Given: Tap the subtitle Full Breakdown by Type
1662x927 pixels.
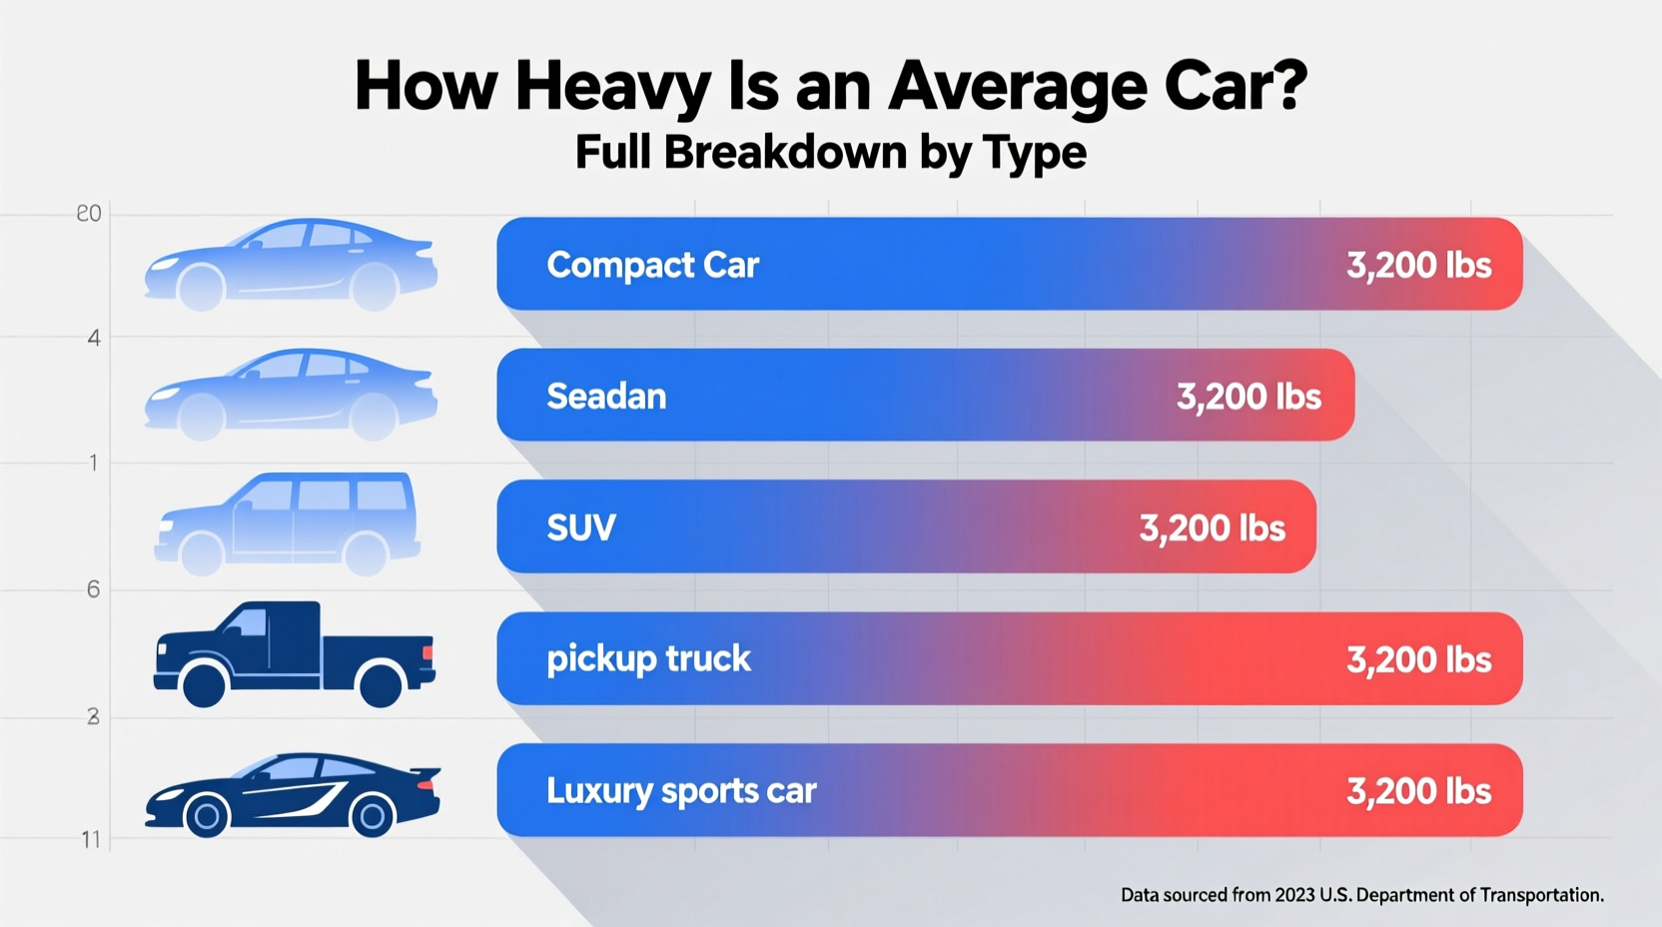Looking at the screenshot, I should [830, 153].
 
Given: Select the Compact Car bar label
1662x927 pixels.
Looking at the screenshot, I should [652, 265].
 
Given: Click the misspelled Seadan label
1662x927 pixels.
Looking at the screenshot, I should [606, 397].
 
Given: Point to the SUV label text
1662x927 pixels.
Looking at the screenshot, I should [580, 527].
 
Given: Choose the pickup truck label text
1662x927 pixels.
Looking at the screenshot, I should [648, 659].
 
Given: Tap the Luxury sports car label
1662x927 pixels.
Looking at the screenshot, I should [681, 791].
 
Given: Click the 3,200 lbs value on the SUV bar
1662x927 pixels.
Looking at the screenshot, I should [1212, 527].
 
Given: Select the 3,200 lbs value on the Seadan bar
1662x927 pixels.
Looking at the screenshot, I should [1248, 397].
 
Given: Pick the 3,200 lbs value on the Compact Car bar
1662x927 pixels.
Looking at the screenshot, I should [1418, 265].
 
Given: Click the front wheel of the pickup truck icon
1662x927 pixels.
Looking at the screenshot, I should [205, 685].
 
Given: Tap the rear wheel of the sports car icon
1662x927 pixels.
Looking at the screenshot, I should [372, 816].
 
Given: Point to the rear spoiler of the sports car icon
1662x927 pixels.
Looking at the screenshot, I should [426, 773].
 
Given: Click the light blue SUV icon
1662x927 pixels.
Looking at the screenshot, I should [288, 523].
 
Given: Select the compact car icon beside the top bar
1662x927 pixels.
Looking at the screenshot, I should [291, 264].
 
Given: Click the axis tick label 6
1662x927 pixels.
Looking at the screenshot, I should [93, 589].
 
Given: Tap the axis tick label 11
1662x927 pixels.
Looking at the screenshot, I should [91, 839].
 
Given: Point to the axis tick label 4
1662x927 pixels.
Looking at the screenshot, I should [94, 338].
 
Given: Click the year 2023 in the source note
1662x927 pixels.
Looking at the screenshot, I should [1294, 895].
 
